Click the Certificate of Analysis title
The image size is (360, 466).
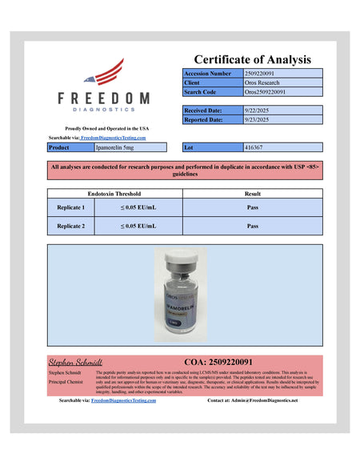point(253,59)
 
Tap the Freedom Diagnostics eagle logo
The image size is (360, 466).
point(103,74)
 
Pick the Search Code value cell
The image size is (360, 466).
point(282,92)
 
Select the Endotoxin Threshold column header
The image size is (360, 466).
point(114,194)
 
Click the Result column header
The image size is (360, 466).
point(252,194)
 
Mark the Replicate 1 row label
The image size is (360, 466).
point(71,207)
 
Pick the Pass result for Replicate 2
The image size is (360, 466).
point(252,226)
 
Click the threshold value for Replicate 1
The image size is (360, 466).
point(138,207)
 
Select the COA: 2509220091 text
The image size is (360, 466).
point(223,362)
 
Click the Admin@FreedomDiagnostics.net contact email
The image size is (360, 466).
point(261,400)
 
